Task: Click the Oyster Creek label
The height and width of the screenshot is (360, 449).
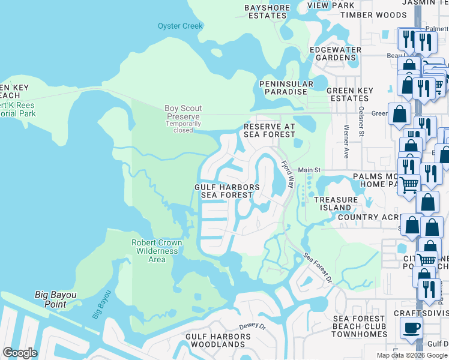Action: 180,26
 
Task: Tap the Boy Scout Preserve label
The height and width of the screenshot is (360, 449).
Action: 183,112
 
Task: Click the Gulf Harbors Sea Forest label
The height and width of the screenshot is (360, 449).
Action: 227,191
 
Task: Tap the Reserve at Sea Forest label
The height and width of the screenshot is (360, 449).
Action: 269,131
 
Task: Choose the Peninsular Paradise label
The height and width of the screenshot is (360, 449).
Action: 286,88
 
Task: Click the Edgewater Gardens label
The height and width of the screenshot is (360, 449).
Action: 335,53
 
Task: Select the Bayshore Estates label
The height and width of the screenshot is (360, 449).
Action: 267,11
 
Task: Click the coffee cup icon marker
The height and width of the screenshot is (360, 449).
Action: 412,328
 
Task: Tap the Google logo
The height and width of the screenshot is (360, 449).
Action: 20,353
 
